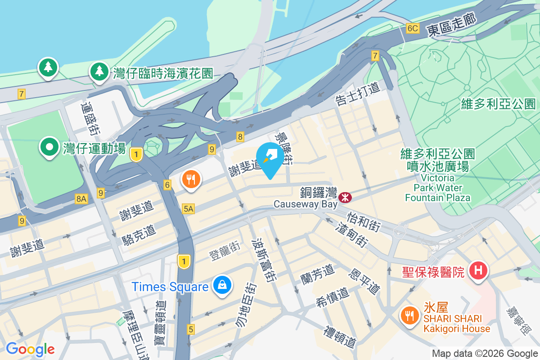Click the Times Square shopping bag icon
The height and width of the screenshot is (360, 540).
[222, 285]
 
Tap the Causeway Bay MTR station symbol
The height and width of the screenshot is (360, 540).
[345, 197]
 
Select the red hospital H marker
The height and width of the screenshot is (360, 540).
[478, 271]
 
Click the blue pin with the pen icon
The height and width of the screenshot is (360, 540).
[270, 157]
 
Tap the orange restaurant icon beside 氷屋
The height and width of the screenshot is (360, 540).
[409, 315]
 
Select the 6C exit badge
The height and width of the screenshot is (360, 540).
[412, 28]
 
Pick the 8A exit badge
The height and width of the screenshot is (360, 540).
[81, 198]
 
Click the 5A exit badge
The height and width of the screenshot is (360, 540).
[189, 208]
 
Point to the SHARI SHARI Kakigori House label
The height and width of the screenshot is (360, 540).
[456, 324]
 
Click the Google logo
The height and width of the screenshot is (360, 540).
[30, 349]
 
